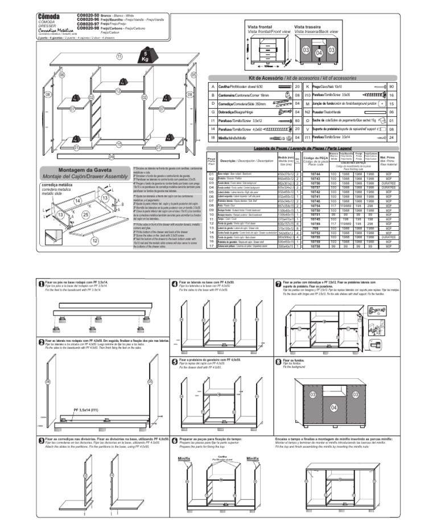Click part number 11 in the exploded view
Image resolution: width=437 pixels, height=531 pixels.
pyautogui.click(x=119, y=57)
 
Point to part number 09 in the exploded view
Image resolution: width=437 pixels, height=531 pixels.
pyautogui.click(x=112, y=156)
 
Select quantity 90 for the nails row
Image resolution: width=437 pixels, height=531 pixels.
pyautogui.click(x=391, y=86)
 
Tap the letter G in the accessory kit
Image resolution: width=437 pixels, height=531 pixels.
pyautogui.click(x=212, y=113)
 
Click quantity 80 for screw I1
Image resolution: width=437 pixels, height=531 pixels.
pyautogui.click(x=297, y=121)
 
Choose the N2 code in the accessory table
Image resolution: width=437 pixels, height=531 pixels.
pyautogui.click(x=307, y=113)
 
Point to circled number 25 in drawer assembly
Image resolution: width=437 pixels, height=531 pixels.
pyautogui.click(x=85, y=215)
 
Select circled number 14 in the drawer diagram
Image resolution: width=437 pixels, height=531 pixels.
pyautogui.click(x=78, y=201)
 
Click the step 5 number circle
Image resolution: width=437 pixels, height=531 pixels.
pyautogui.click(x=175, y=361)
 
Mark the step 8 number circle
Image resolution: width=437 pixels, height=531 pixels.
pyautogui.click(x=278, y=361)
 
